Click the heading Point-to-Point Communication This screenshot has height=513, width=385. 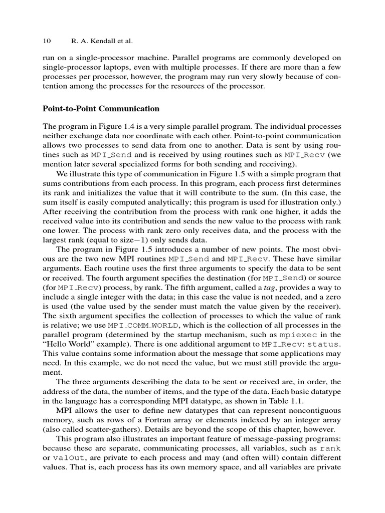click(102, 109)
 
